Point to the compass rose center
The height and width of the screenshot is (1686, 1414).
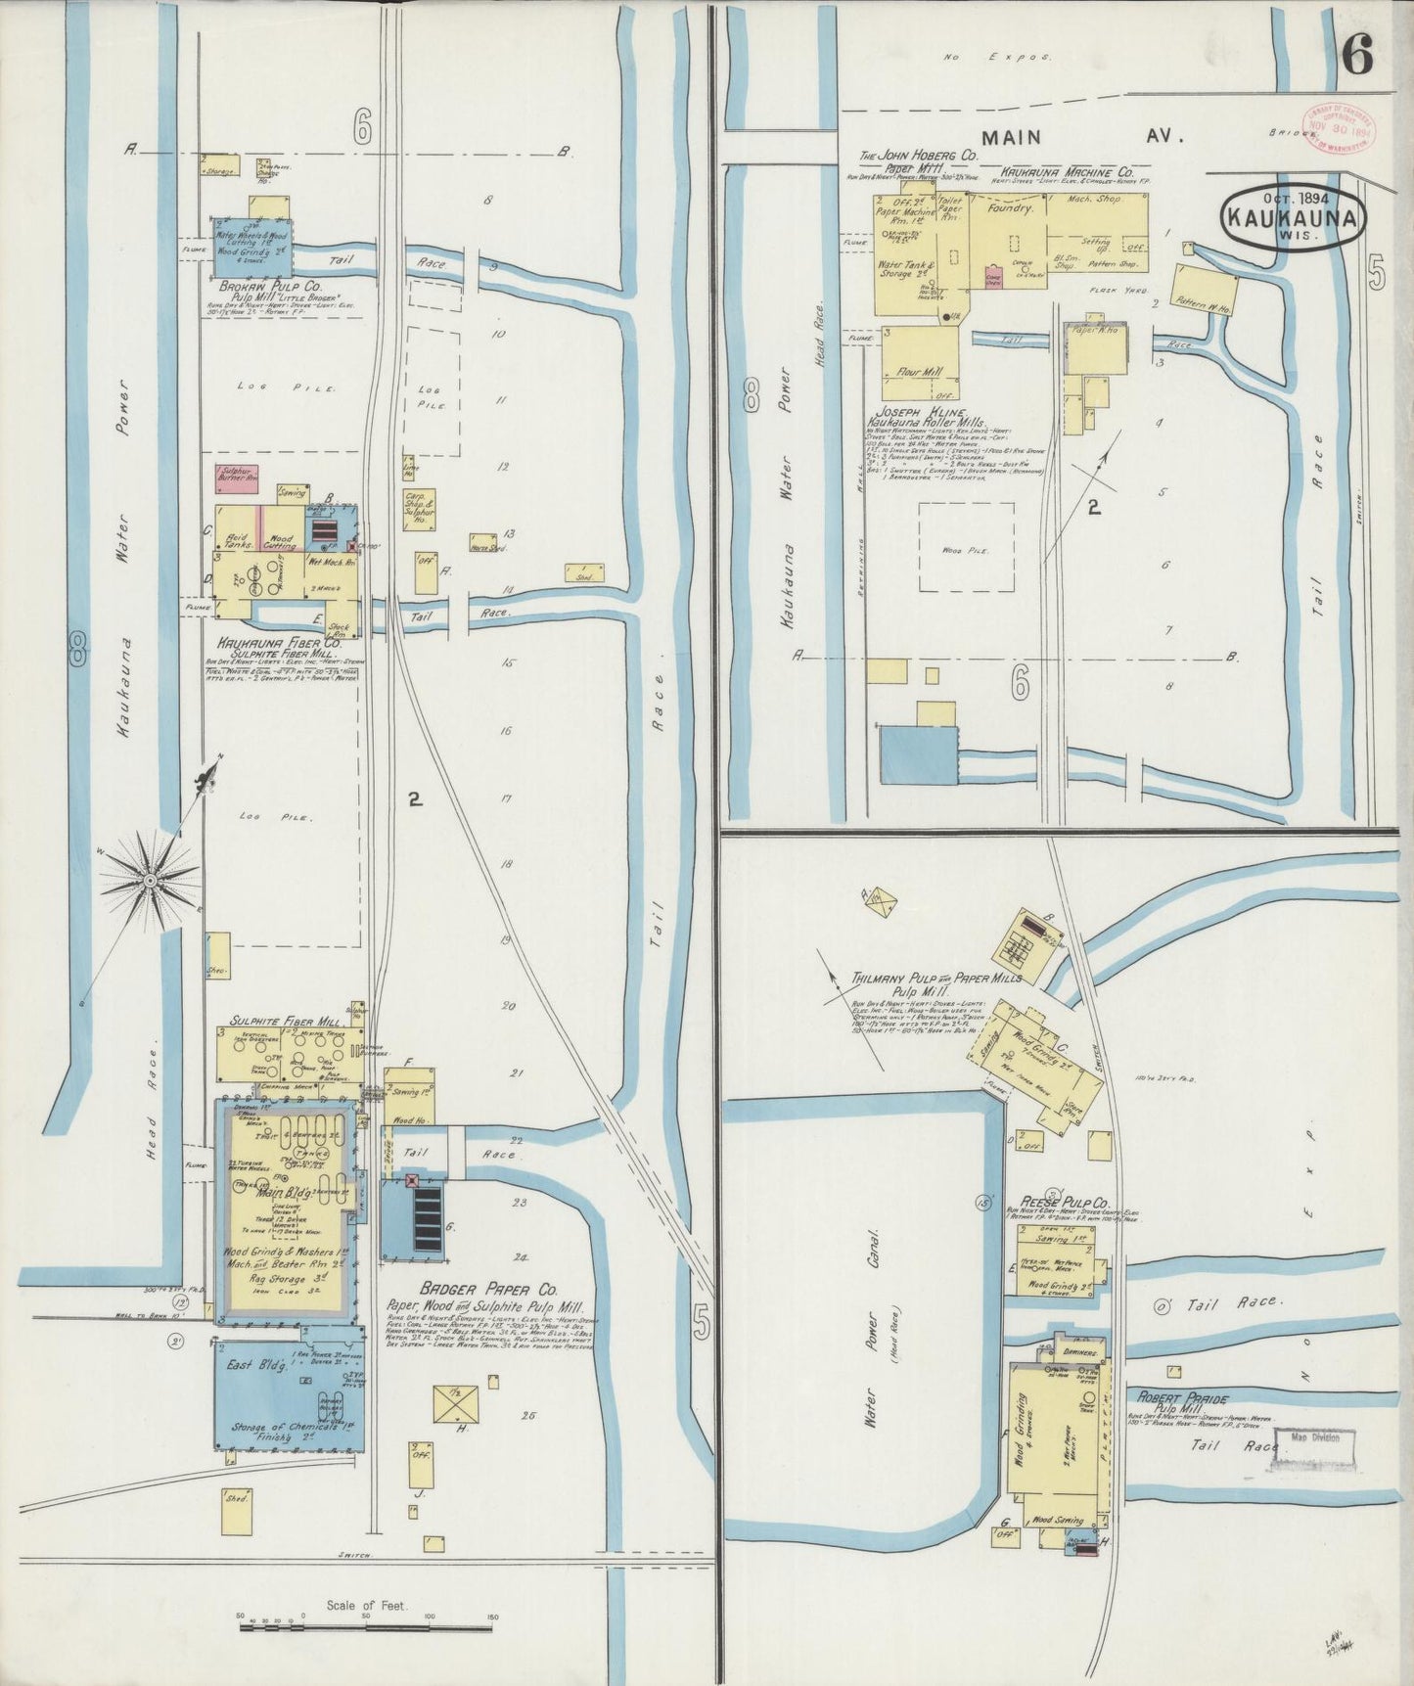[x=151, y=882]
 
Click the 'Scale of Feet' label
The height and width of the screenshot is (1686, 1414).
[x=367, y=1607]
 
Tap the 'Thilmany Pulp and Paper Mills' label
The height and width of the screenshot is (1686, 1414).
[x=936, y=978]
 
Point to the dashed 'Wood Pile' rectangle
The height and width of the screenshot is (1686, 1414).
[x=965, y=548]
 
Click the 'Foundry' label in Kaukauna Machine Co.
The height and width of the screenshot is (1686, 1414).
[x=1010, y=208]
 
